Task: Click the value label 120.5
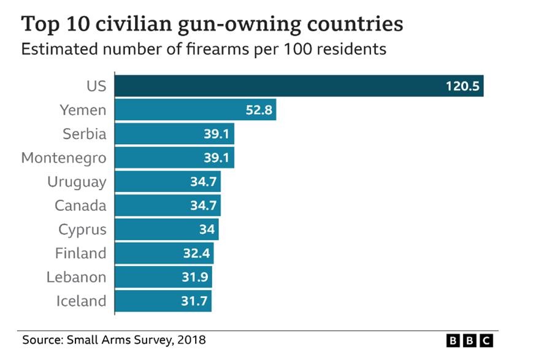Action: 462,86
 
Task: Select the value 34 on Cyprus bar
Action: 206,230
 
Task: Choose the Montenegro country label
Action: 64,158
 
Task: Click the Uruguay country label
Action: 77,182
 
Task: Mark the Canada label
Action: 80,205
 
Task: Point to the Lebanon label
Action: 76,277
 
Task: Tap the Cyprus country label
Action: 82,230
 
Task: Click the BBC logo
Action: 469,340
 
